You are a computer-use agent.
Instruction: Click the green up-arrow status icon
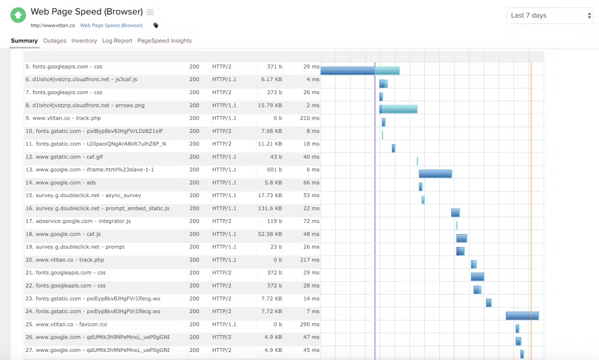click(x=18, y=16)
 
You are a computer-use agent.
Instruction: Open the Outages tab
click(x=55, y=41)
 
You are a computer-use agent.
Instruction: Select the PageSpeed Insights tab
click(x=164, y=41)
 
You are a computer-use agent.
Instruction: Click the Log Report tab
click(x=117, y=41)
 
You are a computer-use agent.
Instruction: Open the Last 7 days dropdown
click(x=550, y=16)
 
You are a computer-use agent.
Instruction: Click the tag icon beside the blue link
click(x=156, y=26)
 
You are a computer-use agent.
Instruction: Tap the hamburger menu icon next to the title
click(x=150, y=12)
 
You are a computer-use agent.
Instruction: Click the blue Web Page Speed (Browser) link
click(x=111, y=25)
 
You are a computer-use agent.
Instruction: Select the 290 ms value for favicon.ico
click(x=309, y=324)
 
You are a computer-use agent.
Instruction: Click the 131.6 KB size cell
click(x=270, y=208)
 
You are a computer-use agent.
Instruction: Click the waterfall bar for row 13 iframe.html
click(x=436, y=174)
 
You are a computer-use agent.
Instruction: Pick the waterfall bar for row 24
click(x=522, y=316)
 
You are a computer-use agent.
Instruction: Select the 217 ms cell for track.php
click(x=309, y=260)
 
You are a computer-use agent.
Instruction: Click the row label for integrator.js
click(x=79, y=221)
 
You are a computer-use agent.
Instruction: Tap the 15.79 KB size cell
click(x=270, y=105)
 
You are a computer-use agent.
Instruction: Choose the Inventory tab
click(x=84, y=41)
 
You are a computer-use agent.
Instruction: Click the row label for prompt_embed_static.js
click(x=97, y=208)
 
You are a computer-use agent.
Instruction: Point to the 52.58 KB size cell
click(x=270, y=234)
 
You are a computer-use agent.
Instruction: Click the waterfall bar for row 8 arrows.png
click(x=399, y=109)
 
